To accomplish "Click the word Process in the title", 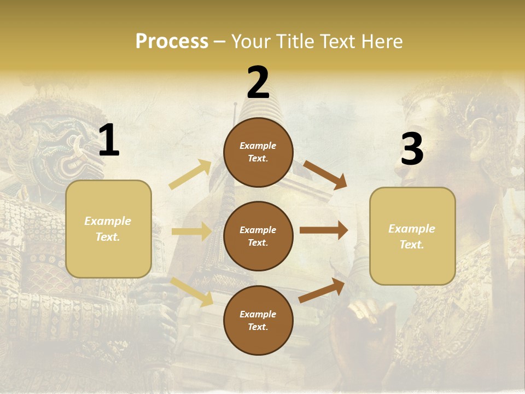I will point(172,41).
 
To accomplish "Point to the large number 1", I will point(109,141).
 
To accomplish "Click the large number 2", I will point(258,83).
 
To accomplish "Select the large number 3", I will point(412,149).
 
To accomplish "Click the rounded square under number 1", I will point(108,229).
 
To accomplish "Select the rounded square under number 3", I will point(412,236).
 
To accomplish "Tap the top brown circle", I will point(258,152).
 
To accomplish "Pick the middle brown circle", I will point(258,236).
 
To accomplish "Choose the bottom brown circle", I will point(258,320).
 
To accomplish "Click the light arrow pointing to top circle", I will point(190,175).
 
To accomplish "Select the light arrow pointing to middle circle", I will point(191,231).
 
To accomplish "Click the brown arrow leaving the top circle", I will point(325,175).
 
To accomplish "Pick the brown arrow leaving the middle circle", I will point(324,230).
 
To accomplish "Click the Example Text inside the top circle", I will point(258,152).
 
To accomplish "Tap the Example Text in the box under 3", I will point(412,236).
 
